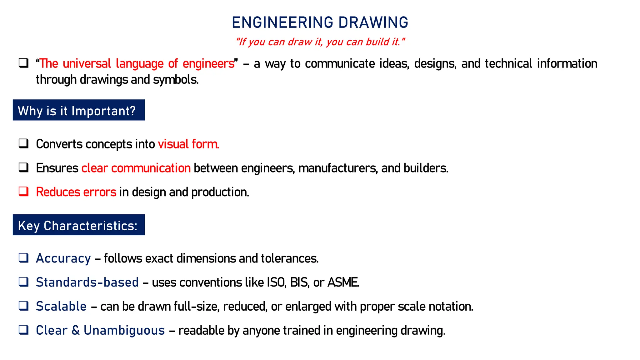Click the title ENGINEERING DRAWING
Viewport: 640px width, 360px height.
tap(320, 22)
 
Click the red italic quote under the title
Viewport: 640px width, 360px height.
tap(320, 42)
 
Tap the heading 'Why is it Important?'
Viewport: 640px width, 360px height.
tap(77, 111)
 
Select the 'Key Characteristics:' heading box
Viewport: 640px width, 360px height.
tap(78, 225)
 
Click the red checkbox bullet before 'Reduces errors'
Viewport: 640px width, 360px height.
tap(23, 191)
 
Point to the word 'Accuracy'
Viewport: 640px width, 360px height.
tap(63, 258)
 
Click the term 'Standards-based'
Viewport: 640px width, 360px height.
tap(87, 282)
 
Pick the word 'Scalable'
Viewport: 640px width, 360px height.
tap(61, 306)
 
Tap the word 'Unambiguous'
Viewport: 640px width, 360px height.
tap(124, 330)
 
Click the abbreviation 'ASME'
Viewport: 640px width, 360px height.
tap(343, 282)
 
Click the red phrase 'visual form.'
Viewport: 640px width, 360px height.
tap(188, 144)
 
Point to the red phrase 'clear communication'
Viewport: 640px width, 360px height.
tap(136, 168)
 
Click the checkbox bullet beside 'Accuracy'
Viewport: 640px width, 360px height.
tap(23, 258)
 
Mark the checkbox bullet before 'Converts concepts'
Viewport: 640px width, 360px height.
tap(23, 143)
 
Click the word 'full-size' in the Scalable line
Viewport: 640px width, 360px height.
tap(197, 306)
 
